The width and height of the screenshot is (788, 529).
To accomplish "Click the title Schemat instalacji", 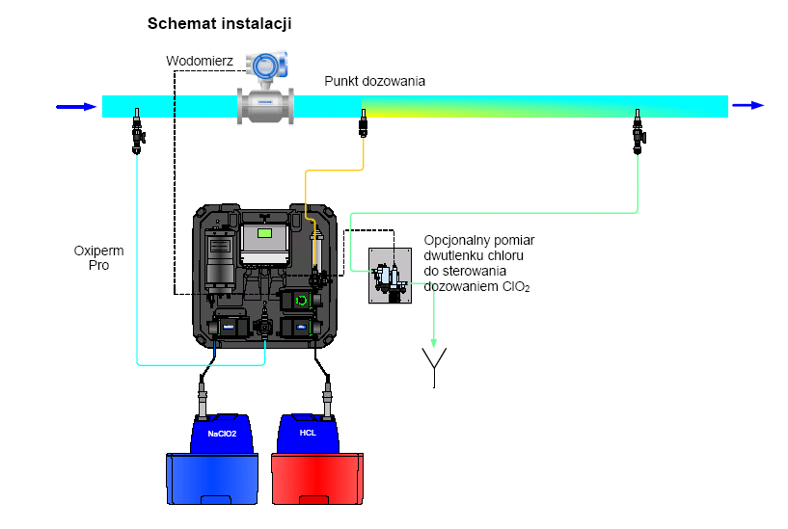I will [x=219, y=24].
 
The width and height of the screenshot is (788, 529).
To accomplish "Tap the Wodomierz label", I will [x=200, y=61].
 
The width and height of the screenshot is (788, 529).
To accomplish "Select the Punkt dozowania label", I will [x=374, y=82].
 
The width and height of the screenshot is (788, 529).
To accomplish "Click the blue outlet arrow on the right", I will [x=748, y=106].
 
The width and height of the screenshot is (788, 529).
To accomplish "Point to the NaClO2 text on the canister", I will [x=223, y=434].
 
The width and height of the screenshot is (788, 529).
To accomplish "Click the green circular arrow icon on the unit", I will [x=303, y=301].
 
